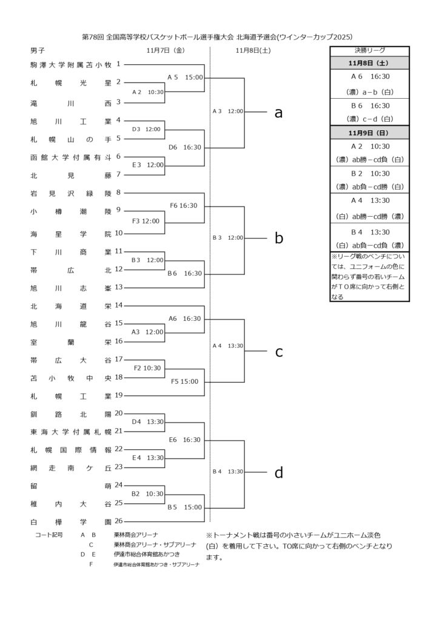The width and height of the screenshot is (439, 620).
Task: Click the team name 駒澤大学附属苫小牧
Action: click(70, 64)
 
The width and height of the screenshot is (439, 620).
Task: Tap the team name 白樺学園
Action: click(70, 521)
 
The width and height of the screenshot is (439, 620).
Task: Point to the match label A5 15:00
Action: click(185, 77)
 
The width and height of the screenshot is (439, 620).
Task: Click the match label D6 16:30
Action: click(185, 147)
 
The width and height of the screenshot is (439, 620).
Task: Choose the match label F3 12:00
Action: click(146, 221)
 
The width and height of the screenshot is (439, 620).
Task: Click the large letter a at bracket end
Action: click(279, 113)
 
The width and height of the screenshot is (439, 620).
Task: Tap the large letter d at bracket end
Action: click(279, 473)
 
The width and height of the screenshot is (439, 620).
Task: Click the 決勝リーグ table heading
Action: click(370, 50)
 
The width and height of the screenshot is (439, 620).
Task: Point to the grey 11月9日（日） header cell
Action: click(370, 133)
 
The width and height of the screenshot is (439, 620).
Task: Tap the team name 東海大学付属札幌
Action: click(70, 432)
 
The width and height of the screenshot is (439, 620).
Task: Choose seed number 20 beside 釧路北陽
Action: click(119, 413)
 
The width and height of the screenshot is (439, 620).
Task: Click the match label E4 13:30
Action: click(147, 458)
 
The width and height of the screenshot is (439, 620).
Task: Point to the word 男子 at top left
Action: click(38, 51)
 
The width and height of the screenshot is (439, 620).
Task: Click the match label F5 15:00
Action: click(185, 381)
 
